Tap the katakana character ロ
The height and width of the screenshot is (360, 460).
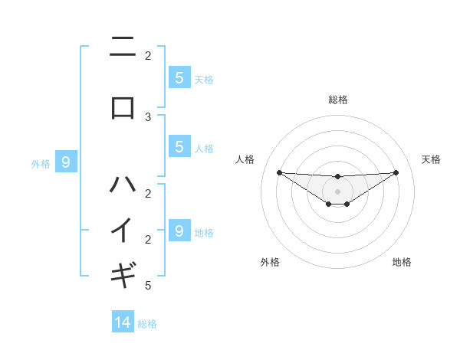click(x=123, y=108)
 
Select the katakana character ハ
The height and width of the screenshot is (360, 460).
click(x=123, y=184)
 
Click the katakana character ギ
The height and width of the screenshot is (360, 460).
click(x=123, y=272)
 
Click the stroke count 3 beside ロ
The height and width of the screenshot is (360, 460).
click(x=148, y=117)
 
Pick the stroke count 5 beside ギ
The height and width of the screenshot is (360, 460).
click(x=148, y=286)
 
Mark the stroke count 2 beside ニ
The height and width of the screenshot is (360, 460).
click(x=148, y=55)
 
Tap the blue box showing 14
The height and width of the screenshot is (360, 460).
click(x=123, y=322)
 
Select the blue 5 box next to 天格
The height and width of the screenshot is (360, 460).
click(x=179, y=77)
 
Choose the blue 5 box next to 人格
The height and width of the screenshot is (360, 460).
click(x=179, y=147)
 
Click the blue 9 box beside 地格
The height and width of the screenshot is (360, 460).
click(x=179, y=231)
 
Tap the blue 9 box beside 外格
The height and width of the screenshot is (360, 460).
click(x=66, y=162)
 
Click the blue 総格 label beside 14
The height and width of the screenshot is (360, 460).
click(x=147, y=324)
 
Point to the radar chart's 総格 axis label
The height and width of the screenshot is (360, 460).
click(x=337, y=100)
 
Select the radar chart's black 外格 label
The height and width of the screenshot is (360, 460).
click(x=270, y=262)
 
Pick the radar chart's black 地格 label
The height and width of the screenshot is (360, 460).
click(x=402, y=262)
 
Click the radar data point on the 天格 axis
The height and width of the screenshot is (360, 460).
click(x=396, y=172)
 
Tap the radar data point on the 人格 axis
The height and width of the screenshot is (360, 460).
click(x=279, y=172)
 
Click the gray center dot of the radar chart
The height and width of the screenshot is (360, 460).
click(x=337, y=191)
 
